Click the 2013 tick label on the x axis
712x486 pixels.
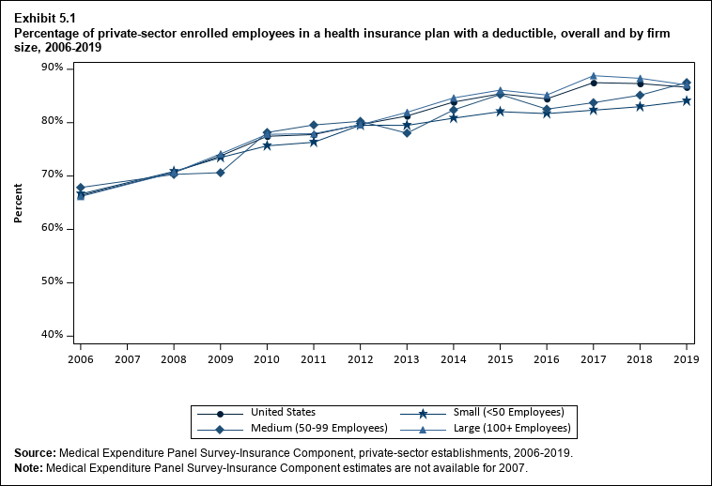coord(407,358)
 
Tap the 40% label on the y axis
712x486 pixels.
coord(51,335)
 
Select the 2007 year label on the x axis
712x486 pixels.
coord(127,358)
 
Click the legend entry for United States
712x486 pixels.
coord(283,413)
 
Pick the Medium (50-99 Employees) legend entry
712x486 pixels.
coord(307,429)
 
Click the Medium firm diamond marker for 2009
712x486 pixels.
coord(221,173)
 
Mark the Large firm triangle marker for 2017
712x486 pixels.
coord(594,76)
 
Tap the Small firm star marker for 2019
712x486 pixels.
coord(687,100)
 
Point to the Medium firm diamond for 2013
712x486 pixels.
coord(407,133)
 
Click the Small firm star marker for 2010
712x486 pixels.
coord(267,145)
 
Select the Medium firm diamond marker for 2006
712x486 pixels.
coord(81,188)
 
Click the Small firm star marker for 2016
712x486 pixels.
coord(547,114)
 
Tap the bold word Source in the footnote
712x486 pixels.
coord(35,453)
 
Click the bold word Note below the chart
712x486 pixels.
coord(28,468)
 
